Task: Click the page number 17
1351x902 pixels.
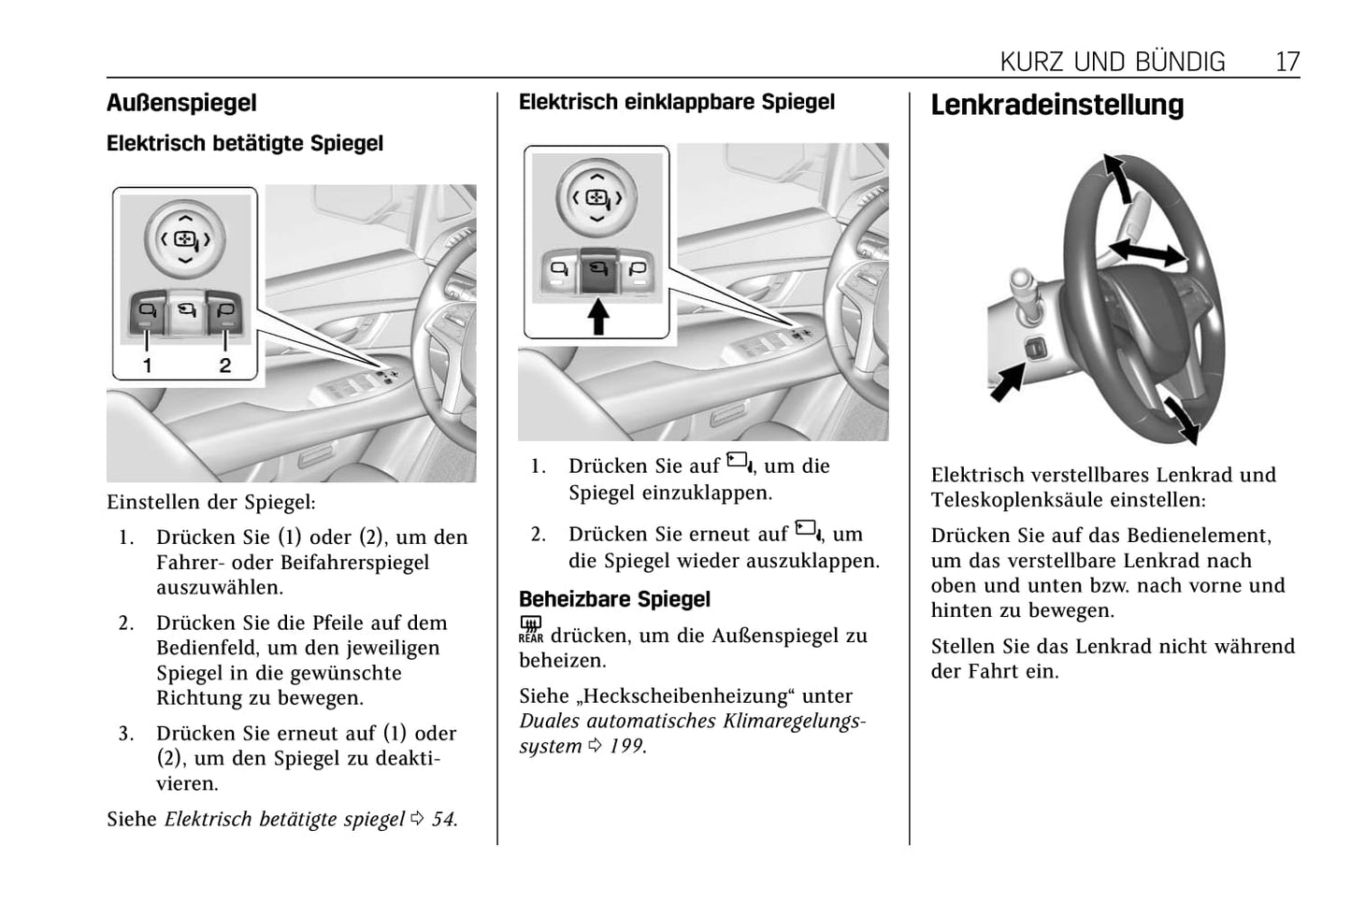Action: (x=1286, y=62)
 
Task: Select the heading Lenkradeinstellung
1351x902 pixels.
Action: (x=1056, y=105)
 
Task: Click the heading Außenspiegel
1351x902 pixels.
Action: (x=181, y=103)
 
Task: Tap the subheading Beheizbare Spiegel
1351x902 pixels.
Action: (x=614, y=599)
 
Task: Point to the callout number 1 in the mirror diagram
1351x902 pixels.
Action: (x=147, y=365)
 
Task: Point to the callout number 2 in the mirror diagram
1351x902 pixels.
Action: (x=224, y=365)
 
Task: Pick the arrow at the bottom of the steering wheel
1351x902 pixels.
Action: (x=1181, y=418)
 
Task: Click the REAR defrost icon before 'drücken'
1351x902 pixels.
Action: (x=530, y=630)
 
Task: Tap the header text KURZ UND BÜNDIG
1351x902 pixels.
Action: (x=1112, y=62)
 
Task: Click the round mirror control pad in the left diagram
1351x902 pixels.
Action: (x=185, y=237)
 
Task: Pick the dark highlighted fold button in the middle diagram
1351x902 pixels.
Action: (x=597, y=272)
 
